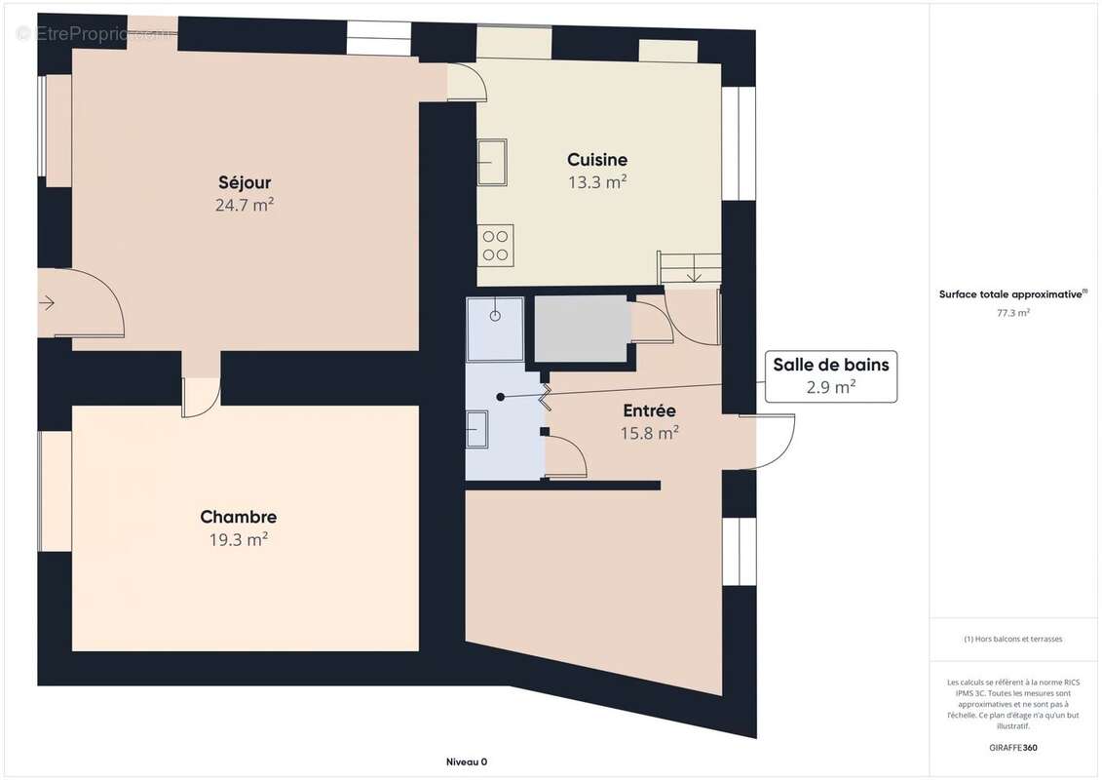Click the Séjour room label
pos(245,183)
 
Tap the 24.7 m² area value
pos(245,205)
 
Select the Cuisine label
pos(597,160)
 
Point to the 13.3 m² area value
pos(597,182)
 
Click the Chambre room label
pos(239,517)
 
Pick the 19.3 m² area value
pos(239,539)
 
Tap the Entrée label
pos(649,410)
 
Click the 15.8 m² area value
pos(649,433)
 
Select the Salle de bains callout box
pos(831,376)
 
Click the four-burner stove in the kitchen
pos(496,246)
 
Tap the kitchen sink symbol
pos(492,162)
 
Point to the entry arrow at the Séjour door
pos(47,303)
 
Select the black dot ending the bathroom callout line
pos(501,398)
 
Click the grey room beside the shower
pos(581,329)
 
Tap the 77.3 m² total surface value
pos(1012,313)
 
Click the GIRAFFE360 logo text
pos(1012,748)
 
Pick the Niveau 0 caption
pos(467,761)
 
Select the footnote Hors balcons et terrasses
pos(1012,640)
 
